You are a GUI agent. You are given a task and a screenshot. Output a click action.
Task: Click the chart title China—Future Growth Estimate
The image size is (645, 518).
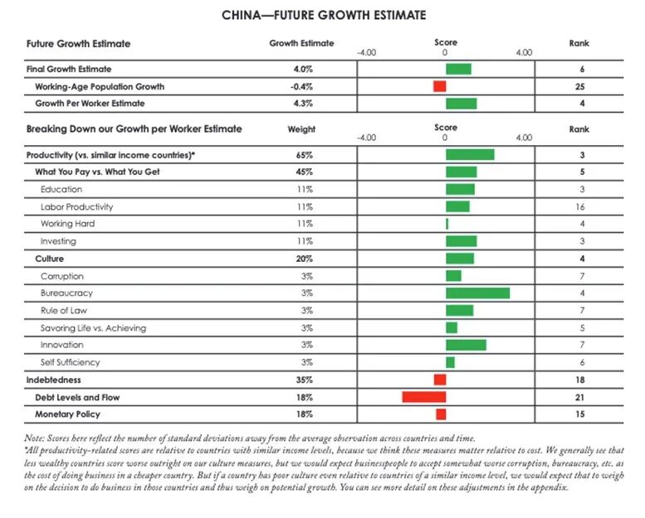[x=323, y=15]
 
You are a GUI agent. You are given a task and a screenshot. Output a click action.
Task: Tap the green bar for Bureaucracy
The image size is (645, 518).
[x=477, y=293]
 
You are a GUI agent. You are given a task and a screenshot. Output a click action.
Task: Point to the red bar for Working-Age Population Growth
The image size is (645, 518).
[x=439, y=86]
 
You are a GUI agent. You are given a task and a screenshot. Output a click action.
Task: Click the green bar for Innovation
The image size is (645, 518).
[x=466, y=345]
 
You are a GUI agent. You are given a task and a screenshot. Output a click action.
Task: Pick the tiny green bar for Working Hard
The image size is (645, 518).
[x=447, y=224]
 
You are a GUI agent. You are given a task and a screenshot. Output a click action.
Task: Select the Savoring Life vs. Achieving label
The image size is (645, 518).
[x=93, y=328]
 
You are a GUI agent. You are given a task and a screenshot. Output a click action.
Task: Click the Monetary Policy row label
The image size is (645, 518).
[x=67, y=414]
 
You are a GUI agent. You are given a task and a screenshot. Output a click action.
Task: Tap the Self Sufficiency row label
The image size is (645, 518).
[x=71, y=362]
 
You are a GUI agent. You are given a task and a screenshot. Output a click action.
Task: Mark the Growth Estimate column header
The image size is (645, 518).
[x=301, y=43]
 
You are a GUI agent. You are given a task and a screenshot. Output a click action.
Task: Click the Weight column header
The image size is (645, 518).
[x=301, y=129]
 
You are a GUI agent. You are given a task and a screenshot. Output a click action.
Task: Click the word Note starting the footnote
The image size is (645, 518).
[x=37, y=437]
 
